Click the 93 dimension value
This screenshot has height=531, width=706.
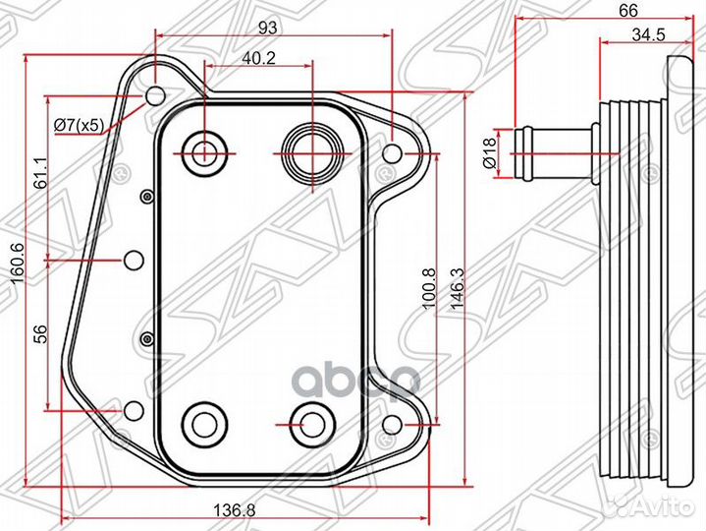click(268, 28)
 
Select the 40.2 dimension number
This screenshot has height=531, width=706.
click(258, 58)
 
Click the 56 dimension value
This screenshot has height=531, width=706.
click(40, 334)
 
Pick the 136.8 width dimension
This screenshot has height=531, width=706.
click(234, 510)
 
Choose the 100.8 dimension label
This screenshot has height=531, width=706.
click(429, 288)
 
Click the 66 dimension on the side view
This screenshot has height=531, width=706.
click(628, 10)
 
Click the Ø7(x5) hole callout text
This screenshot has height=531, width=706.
click(80, 125)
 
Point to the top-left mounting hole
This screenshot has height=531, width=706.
click(155, 96)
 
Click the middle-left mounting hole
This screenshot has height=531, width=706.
click(134, 260)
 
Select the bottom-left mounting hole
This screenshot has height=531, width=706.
click(134, 411)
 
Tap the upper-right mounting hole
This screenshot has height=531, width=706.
click(392, 153)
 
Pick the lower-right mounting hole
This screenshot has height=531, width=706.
click(392, 424)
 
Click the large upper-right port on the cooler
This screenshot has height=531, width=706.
click(312, 152)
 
